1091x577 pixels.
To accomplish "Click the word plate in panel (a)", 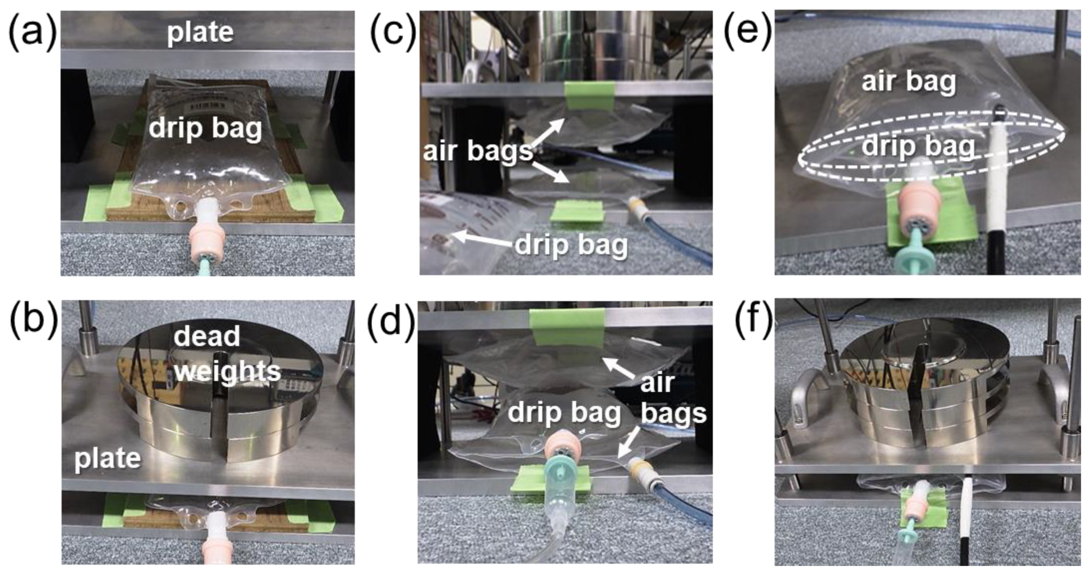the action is click(x=200, y=32).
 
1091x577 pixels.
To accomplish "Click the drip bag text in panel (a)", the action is click(x=205, y=128).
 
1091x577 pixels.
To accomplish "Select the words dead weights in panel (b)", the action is click(x=227, y=354).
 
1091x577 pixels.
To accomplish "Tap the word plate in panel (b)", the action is click(x=108, y=459).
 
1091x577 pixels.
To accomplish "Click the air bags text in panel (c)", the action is click(x=478, y=151).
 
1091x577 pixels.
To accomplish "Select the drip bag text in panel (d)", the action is click(x=564, y=412).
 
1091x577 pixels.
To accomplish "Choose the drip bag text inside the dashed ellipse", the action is click(x=918, y=147).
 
